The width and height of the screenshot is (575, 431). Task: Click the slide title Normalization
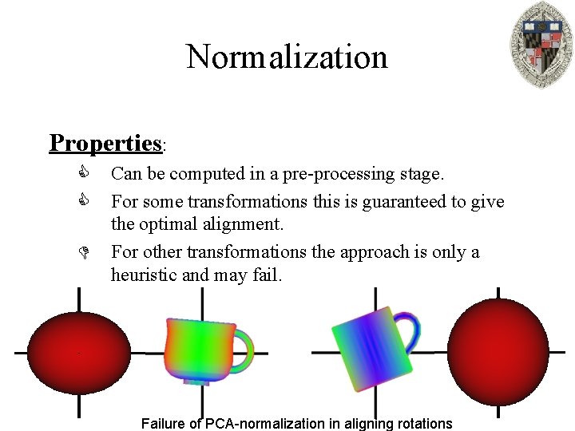pyautogui.click(x=287, y=57)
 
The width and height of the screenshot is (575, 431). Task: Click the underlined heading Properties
pyautogui.click(x=105, y=143)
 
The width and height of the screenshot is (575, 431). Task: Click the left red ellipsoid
pyautogui.click(x=78, y=351)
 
